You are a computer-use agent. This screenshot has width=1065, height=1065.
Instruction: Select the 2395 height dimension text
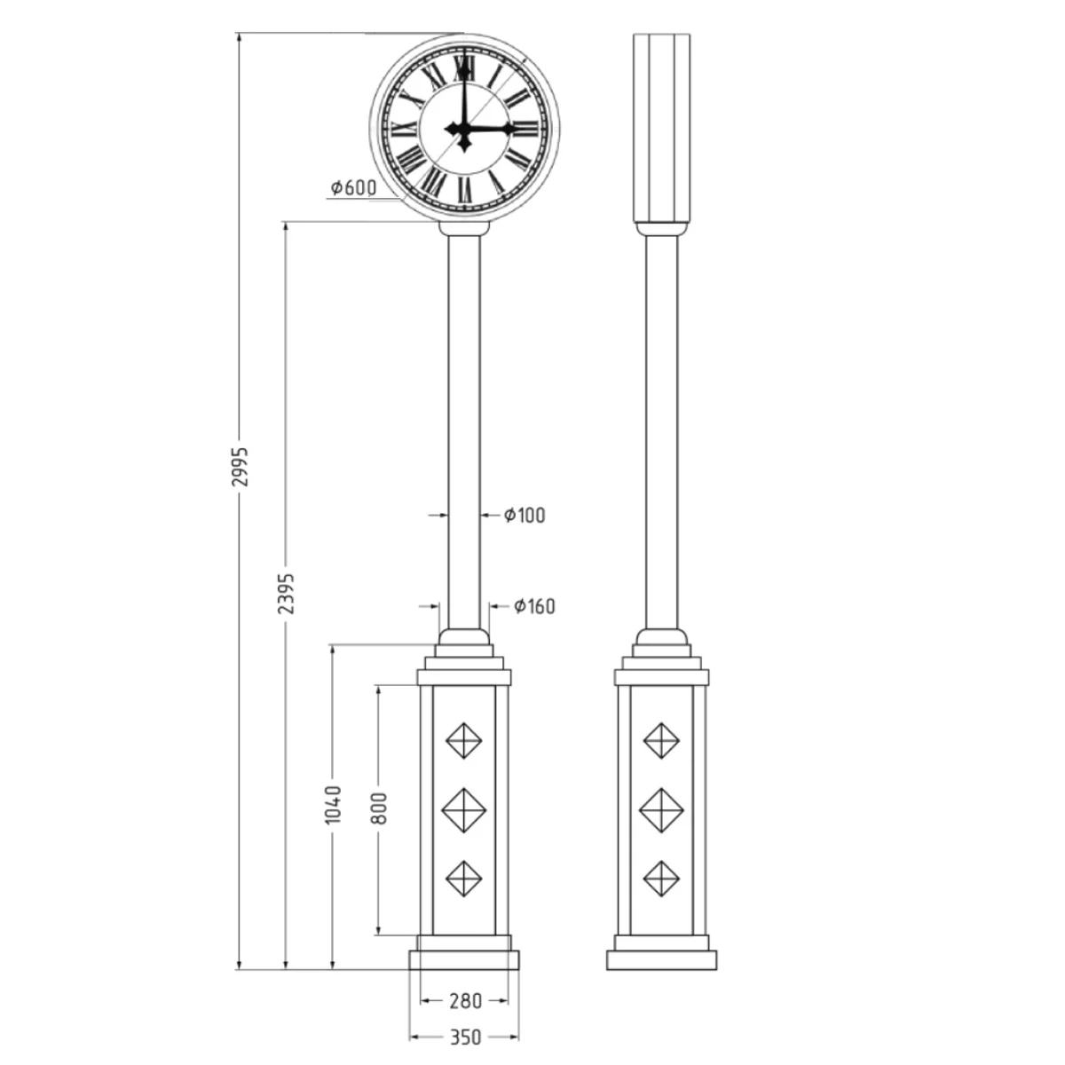tap(286, 592)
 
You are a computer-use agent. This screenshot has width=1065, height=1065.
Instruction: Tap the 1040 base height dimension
tap(333, 804)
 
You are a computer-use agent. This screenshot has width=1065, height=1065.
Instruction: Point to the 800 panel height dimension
tap(379, 808)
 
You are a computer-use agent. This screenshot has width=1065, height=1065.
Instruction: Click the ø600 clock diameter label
tap(353, 187)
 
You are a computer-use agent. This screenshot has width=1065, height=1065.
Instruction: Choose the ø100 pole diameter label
tap(525, 515)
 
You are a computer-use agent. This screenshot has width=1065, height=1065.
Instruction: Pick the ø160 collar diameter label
tap(534, 606)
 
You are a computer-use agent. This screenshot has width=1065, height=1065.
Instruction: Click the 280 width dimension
tap(464, 1001)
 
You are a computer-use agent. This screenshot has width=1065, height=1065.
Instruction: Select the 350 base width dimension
tap(464, 1037)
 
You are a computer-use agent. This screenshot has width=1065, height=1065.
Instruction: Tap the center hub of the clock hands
tap(463, 130)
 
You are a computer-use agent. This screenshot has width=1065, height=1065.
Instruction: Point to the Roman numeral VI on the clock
tap(463, 188)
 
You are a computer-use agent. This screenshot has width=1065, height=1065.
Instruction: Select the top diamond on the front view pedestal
tap(463, 740)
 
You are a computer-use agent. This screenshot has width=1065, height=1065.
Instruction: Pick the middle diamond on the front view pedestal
tap(463, 809)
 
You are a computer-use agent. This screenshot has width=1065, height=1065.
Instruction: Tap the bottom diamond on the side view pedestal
tap(661, 879)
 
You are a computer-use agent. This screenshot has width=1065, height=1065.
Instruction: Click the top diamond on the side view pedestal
tap(661, 740)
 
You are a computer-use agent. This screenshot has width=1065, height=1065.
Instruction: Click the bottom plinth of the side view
tap(661, 960)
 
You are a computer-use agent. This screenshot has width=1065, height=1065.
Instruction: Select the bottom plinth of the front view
tap(463, 960)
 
